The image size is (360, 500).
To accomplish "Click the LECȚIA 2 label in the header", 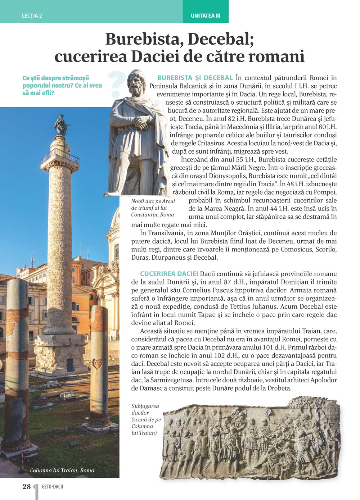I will click(32, 16).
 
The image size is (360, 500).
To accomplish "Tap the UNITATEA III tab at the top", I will click(206, 16).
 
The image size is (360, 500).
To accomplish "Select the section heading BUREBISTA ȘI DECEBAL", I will click(195, 78).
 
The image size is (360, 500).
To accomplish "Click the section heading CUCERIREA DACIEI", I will click(169, 274).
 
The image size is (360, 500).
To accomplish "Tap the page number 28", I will click(27, 487).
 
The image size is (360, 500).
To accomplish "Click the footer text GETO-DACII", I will click(53, 487).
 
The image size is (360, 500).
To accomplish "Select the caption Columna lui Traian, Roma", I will click(62, 470).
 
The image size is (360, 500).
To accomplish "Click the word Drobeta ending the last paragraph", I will click(279, 388).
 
